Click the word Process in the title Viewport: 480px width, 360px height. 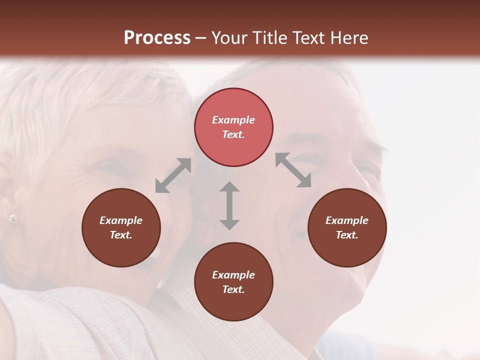click(x=157, y=38)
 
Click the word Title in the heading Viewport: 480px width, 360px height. click(x=270, y=38)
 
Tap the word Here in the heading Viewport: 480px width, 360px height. click(x=348, y=38)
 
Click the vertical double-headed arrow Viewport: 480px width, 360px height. click(x=229, y=205)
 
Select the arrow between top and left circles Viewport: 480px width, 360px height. click(x=173, y=175)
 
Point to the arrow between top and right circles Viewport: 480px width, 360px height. click(x=293, y=170)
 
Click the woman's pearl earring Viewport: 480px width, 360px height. click(x=13, y=218)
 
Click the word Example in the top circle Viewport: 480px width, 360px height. click(x=233, y=120)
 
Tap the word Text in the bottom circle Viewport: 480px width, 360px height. click(x=233, y=289)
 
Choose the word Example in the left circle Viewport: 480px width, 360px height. click(x=121, y=220)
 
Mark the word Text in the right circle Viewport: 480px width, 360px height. click(x=347, y=235)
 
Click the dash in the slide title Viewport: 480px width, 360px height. click(x=201, y=38)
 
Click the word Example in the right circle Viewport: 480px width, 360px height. click(x=347, y=220)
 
